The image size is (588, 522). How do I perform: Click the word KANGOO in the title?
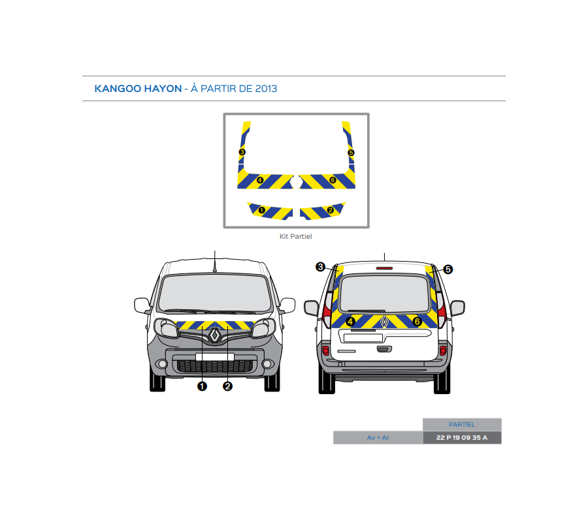pos(116,89)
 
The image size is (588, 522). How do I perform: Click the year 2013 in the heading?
pos(266,89)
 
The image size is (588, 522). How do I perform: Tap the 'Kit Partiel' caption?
pos(296,237)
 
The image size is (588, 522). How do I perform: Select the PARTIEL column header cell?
pos(462,425)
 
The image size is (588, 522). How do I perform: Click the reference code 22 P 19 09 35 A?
pos(462,438)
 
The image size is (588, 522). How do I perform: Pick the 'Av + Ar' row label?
pos(378,438)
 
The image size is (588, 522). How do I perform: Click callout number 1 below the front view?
pos(202,386)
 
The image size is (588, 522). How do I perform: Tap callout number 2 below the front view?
pos(227,386)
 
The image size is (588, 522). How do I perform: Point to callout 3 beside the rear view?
pos(320,267)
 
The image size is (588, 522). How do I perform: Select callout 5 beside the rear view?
pos(448,269)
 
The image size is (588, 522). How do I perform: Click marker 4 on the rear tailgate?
pos(351,321)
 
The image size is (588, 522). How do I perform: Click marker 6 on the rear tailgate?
pos(417,321)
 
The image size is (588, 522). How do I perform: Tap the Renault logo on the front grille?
pos(215,335)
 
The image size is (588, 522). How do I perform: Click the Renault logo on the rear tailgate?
pos(385,321)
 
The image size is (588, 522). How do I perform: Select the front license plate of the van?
pos(214,357)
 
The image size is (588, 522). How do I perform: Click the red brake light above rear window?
pos(384,267)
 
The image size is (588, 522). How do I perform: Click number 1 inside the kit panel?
pos(262,210)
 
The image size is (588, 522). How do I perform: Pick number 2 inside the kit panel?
pos(330,210)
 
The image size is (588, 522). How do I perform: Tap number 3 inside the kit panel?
pos(242,152)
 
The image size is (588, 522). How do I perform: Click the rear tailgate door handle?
pos(384,349)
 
